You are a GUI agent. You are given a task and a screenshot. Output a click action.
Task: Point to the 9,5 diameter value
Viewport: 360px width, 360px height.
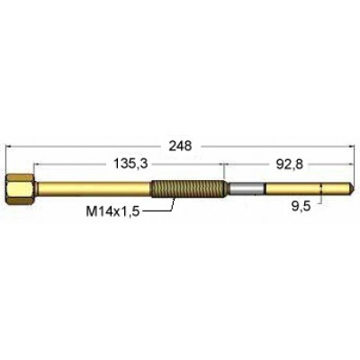(302, 205)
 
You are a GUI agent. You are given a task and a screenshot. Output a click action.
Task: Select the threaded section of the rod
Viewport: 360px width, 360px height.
(188, 189)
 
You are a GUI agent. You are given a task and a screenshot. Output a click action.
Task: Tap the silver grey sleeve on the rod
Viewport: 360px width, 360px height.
(247, 189)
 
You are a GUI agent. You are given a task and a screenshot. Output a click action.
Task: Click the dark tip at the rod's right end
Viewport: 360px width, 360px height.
(352, 189)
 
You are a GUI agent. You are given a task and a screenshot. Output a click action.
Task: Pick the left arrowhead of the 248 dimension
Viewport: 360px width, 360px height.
(11, 145)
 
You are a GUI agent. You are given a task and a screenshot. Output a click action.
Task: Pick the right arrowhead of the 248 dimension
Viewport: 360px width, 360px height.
(348, 145)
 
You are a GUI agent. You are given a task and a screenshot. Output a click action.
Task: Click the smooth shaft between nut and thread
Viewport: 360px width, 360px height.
(90, 189)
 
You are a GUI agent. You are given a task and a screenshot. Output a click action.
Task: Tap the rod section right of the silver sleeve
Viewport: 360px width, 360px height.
(306, 189)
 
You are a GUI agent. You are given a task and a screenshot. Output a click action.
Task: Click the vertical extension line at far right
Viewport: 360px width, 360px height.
(353, 162)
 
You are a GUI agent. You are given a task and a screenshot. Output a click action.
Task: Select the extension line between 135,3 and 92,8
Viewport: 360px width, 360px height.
(224, 171)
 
